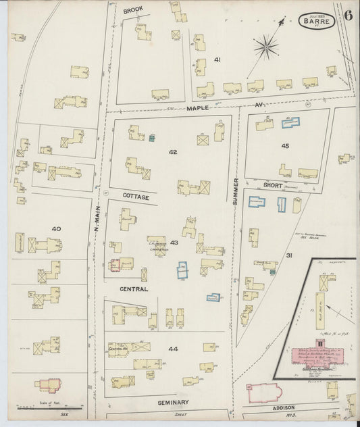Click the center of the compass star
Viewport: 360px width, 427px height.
(x=266, y=47)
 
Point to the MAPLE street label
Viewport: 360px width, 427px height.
(x=199, y=107)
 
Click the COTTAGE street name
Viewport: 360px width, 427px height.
(x=135, y=195)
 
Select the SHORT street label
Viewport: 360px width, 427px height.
(x=273, y=185)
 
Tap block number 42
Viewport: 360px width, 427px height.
(x=173, y=152)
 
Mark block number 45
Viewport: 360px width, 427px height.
(x=285, y=145)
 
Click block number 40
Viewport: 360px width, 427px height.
(x=56, y=228)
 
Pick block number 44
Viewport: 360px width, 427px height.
(x=173, y=349)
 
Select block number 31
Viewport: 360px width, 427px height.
(x=289, y=255)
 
